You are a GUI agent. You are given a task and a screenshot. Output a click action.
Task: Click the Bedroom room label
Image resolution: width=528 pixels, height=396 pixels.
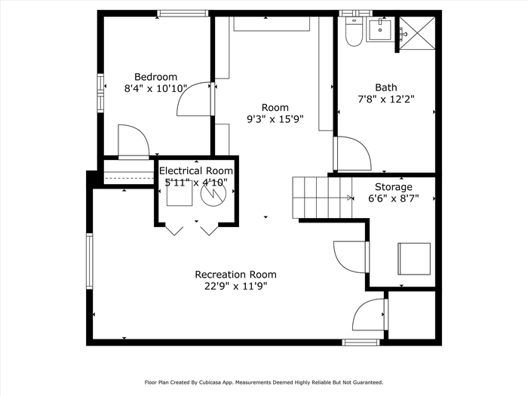click(x=155, y=77)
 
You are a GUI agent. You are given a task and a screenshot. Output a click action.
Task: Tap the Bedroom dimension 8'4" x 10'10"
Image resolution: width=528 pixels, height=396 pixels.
click(x=155, y=88)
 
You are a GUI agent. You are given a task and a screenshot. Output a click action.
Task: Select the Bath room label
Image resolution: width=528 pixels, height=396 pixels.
click(x=386, y=87)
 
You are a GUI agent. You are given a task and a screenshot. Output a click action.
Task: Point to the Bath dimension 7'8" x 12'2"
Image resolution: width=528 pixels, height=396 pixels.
click(x=386, y=100)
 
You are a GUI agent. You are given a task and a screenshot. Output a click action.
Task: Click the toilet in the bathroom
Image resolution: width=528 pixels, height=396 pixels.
click(x=354, y=32)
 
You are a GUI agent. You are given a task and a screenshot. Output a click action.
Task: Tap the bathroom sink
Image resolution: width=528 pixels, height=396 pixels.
click(x=380, y=30)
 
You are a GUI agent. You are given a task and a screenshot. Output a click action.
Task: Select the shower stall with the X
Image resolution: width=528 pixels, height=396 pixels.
click(x=417, y=33)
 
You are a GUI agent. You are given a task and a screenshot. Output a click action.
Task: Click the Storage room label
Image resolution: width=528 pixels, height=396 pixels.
click(x=393, y=187)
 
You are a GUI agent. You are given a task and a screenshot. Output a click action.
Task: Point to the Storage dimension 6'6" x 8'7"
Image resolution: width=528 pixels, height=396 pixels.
click(x=393, y=198)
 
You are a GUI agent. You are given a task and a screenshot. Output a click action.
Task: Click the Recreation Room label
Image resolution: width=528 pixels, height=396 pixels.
click(x=235, y=275)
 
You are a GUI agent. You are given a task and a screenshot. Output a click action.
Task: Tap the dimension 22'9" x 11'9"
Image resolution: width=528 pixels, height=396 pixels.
click(x=235, y=286)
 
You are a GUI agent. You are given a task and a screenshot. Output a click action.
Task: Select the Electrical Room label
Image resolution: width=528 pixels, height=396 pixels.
click(x=196, y=170)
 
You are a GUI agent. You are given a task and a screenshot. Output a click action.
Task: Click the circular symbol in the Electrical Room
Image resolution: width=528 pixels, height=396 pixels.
click(x=213, y=194)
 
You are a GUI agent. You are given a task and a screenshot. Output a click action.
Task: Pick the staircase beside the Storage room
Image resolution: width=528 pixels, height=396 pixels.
click(x=322, y=198)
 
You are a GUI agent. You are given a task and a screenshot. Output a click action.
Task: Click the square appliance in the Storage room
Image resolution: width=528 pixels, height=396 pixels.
click(x=414, y=259)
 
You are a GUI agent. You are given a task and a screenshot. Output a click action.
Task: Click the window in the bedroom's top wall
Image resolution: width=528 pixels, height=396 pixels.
click(x=183, y=14)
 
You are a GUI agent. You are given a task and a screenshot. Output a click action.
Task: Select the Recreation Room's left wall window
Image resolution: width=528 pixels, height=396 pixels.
click(x=89, y=261)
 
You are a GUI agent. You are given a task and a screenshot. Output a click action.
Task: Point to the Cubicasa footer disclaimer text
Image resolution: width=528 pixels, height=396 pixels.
click(x=264, y=382)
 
